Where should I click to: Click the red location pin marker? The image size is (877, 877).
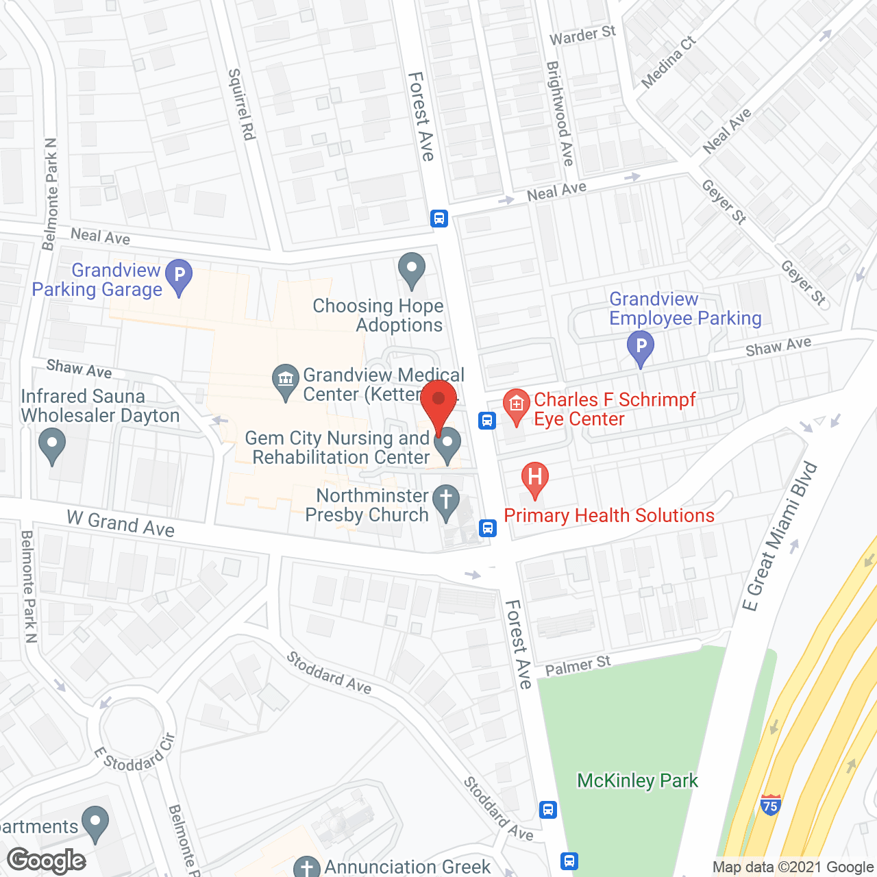(x=438, y=402)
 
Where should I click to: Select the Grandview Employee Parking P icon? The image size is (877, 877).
(x=641, y=347)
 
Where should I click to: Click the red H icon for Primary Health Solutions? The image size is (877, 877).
(x=534, y=478)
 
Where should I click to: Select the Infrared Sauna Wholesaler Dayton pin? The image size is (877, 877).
(x=52, y=445)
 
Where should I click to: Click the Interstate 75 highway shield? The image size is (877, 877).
(x=770, y=805)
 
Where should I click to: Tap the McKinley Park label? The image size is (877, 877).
(x=637, y=781)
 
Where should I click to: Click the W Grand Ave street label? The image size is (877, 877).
(x=121, y=524)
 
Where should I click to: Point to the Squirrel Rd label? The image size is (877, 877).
(x=241, y=104)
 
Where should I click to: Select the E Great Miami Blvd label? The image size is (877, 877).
(x=780, y=536)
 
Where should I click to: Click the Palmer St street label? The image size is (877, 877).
(x=578, y=665)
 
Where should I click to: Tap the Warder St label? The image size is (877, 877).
(x=582, y=36)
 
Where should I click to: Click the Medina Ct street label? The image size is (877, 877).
(x=668, y=62)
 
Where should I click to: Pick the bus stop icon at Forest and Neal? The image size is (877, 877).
(x=439, y=219)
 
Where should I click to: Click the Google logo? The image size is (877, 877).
(x=47, y=860)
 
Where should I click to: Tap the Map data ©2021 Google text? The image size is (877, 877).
(x=793, y=867)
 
